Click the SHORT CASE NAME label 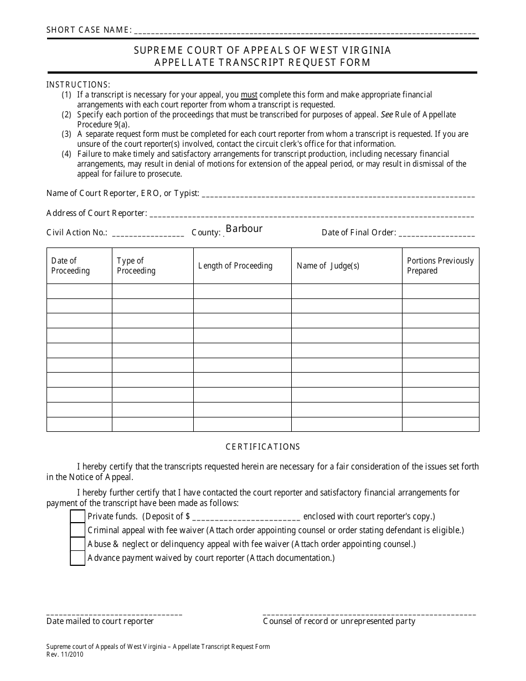[x=89, y=30]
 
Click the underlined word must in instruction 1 [x=249, y=95]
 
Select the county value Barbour [x=244, y=229]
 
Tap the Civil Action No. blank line [x=148, y=234]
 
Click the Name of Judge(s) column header [x=328, y=266]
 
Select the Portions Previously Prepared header [x=440, y=266]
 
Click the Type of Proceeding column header [x=136, y=266]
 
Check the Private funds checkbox [x=78, y=516]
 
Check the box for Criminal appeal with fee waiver [x=78, y=530]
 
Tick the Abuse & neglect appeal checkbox [x=78, y=544]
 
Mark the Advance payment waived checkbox [x=78, y=558]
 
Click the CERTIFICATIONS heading [x=262, y=447]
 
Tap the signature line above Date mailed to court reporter [x=114, y=615]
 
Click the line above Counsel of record [x=369, y=615]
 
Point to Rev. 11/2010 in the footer [x=66, y=654]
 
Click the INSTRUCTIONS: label [x=78, y=85]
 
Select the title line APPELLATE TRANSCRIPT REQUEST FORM [x=262, y=63]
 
